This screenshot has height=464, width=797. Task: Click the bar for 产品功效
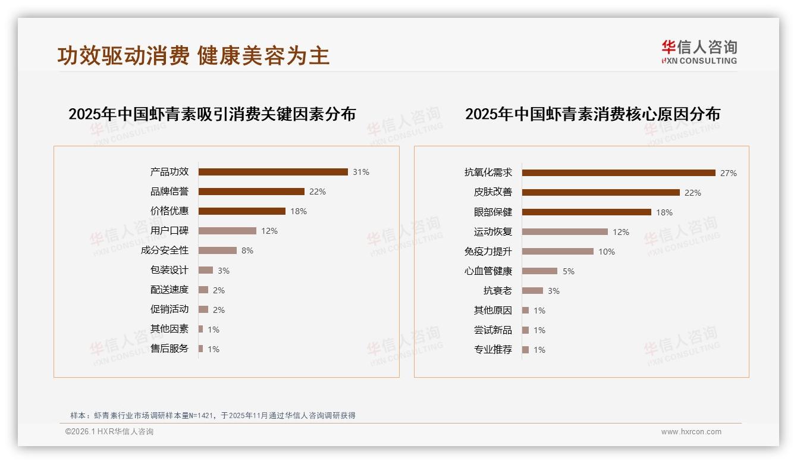273,172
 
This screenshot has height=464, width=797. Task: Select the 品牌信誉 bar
251,192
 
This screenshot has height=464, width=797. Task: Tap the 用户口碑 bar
227,231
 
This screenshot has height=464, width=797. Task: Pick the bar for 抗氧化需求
619,173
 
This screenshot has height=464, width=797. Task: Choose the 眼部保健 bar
586,212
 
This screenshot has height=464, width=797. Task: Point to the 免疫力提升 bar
558,252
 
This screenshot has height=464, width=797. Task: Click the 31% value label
361,172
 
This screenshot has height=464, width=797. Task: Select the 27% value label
729,173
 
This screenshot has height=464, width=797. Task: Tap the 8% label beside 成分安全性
247,250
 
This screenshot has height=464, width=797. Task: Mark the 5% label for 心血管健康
569,271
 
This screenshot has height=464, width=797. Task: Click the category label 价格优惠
170,211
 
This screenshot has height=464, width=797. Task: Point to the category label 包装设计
170,270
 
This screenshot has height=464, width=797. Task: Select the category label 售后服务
170,349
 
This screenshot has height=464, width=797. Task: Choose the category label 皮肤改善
493,192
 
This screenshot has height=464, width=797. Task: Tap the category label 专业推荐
493,350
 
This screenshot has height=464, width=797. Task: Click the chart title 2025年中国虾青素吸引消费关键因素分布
212,114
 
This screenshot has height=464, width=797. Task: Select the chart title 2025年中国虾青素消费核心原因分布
592,114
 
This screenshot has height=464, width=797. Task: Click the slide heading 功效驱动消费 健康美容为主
193,56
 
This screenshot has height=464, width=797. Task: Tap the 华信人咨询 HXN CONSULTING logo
699,52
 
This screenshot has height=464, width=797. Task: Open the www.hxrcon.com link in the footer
691,432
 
